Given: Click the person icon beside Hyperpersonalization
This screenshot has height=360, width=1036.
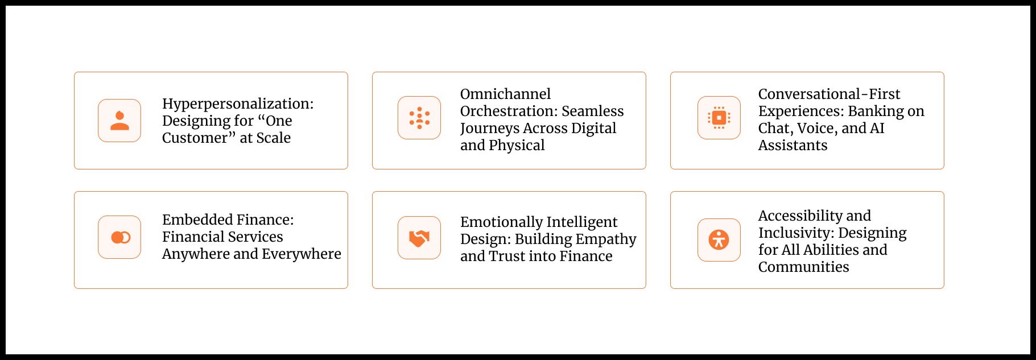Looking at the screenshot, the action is (119, 121).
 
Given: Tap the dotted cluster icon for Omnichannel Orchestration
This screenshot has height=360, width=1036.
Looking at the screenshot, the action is (419, 118).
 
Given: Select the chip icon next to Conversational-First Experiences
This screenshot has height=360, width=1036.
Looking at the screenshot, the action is (719, 118).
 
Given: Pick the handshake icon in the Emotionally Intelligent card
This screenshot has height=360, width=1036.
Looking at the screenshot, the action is (419, 238).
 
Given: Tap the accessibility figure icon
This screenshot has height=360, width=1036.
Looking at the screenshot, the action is (719, 240).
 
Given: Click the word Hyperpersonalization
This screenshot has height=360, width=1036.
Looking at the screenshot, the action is (238, 104).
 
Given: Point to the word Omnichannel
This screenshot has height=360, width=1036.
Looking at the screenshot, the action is (505, 94).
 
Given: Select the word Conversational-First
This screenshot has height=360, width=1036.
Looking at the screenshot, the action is (829, 94).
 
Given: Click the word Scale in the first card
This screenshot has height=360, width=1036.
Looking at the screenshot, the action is (273, 138).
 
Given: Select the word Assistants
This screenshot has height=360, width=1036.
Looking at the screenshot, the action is (793, 145).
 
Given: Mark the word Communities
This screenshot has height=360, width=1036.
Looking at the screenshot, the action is (803, 267).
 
